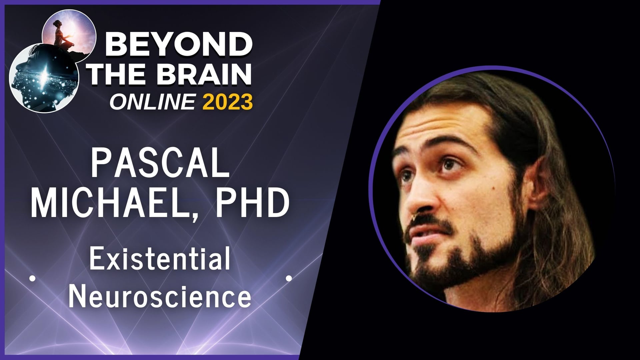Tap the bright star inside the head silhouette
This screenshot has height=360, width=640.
pos(44,74)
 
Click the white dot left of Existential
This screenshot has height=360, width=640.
pos(32,278)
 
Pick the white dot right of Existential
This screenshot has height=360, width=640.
pos(289,278)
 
